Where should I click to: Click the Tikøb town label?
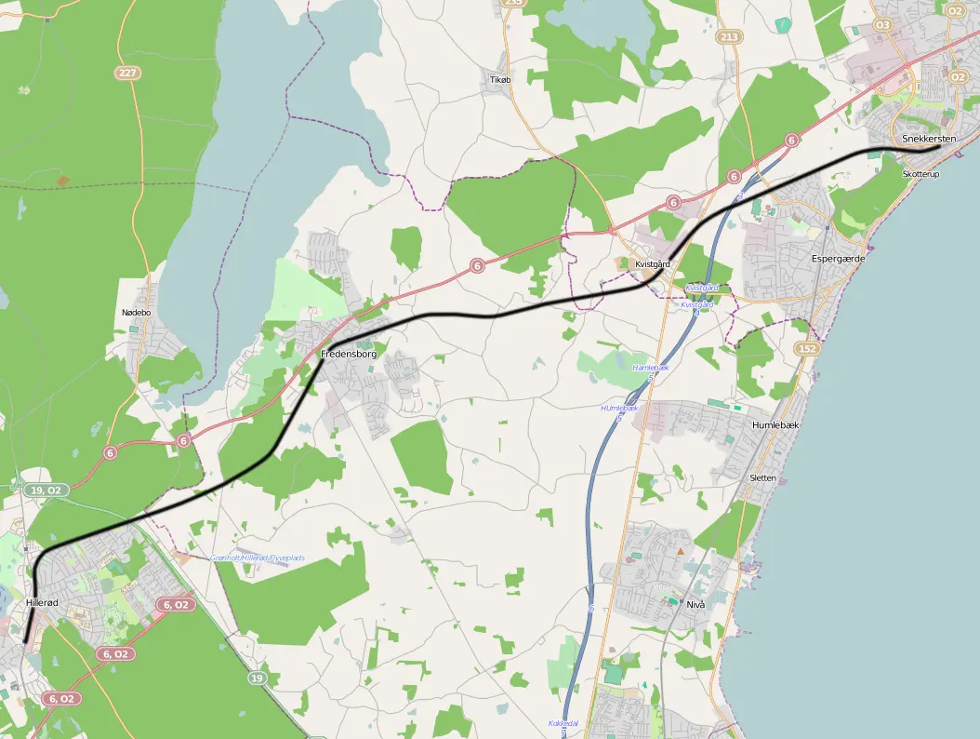point(500,80)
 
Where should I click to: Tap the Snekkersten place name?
point(929,139)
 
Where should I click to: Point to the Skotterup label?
point(920,174)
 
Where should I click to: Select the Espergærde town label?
point(838,259)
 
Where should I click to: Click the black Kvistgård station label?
point(653,264)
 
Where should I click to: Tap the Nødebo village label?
point(136,313)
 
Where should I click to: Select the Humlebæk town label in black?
point(775,424)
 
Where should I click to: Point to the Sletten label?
point(762,477)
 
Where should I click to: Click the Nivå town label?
point(695,604)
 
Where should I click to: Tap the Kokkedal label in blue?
point(563,723)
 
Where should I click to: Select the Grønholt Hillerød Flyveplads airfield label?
point(258,558)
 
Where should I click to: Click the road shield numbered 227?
point(128,72)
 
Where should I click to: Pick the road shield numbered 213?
point(730,37)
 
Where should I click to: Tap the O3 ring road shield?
point(882,24)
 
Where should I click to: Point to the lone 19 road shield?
point(256,679)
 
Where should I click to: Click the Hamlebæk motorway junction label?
point(651,368)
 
